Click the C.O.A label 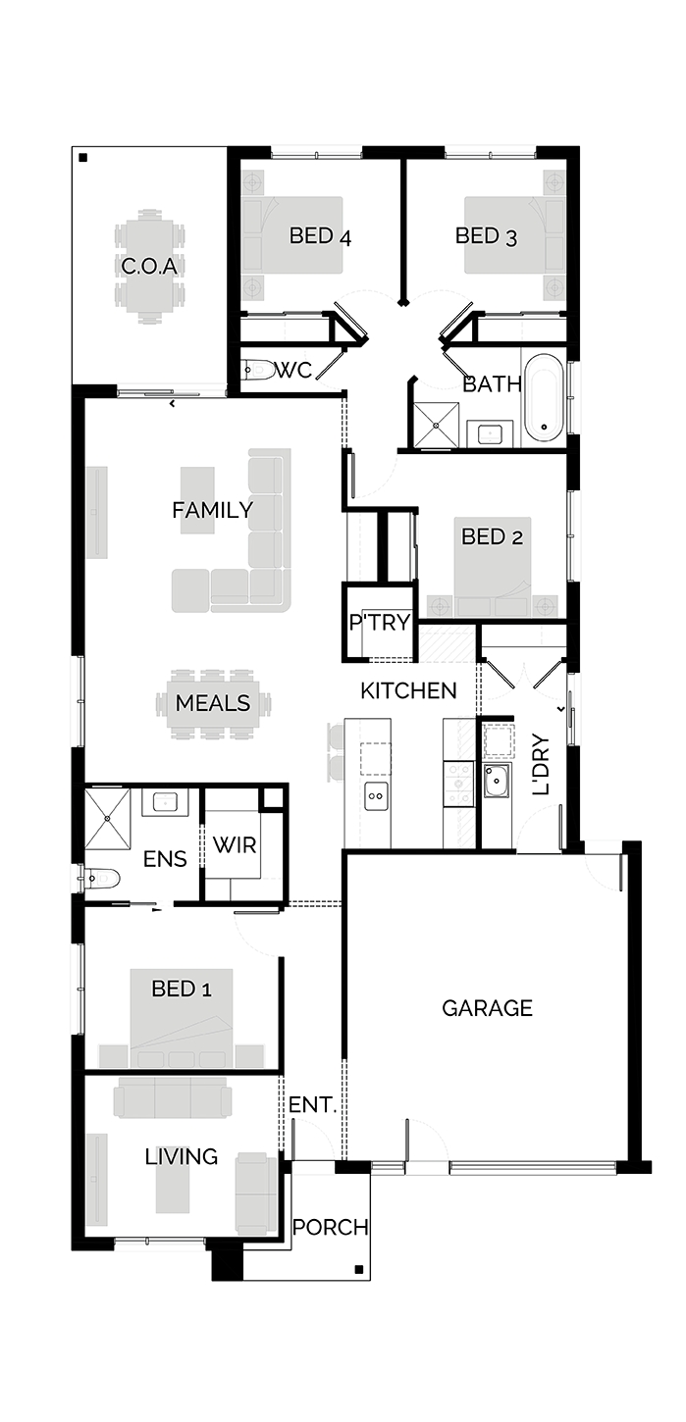[149, 266]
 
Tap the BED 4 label [320, 236]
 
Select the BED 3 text [487, 236]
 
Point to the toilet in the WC [259, 368]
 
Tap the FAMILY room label [213, 510]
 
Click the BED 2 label [493, 537]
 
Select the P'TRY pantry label [380, 623]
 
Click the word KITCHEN [408, 690]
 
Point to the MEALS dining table [213, 703]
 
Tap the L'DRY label [541, 764]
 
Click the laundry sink [496, 781]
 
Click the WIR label [235, 845]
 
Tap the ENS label [165, 859]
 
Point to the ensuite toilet [102, 879]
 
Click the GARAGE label [487, 1008]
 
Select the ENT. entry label [312, 1104]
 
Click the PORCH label [331, 1228]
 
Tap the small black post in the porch [359, 1270]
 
